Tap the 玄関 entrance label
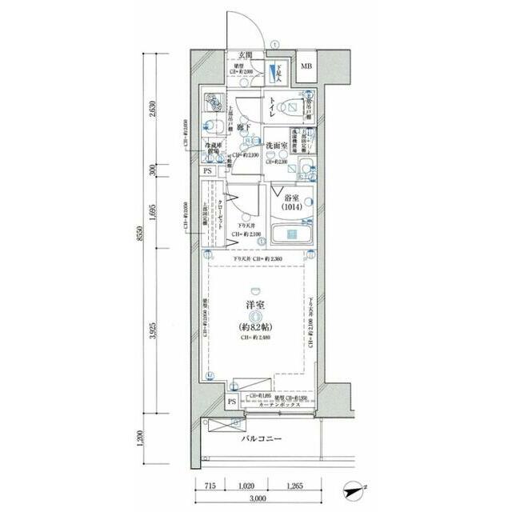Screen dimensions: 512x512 [x=246, y=56]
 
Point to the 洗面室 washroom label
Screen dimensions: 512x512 [x=278, y=146]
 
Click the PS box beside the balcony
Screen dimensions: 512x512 [x=232, y=402]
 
